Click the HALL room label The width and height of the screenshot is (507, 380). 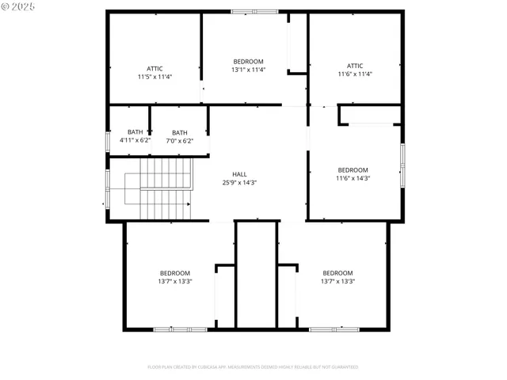pos(239,174)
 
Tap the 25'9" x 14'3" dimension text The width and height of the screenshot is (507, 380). pos(239,182)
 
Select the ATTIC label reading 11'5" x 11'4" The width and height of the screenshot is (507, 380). pos(154,69)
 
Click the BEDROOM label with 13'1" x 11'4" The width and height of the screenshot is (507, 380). pos(248,62)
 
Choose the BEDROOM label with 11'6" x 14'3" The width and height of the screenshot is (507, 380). pos(353,170)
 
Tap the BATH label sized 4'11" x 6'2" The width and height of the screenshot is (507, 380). pos(135,132)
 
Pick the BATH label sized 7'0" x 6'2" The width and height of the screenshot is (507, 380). pos(180,132)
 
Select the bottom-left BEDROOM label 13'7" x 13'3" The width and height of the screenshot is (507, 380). pos(174,273)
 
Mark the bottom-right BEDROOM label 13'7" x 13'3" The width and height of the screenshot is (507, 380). pos(337,273)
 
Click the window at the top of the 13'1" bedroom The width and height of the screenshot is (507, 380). pos(254,11)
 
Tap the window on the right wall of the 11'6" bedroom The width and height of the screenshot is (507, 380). pos(402,164)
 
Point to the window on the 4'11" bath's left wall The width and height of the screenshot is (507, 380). pos(109,141)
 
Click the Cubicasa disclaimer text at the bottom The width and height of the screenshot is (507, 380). pos(253,367)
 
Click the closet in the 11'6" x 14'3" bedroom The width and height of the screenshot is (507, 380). pos(369,116)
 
